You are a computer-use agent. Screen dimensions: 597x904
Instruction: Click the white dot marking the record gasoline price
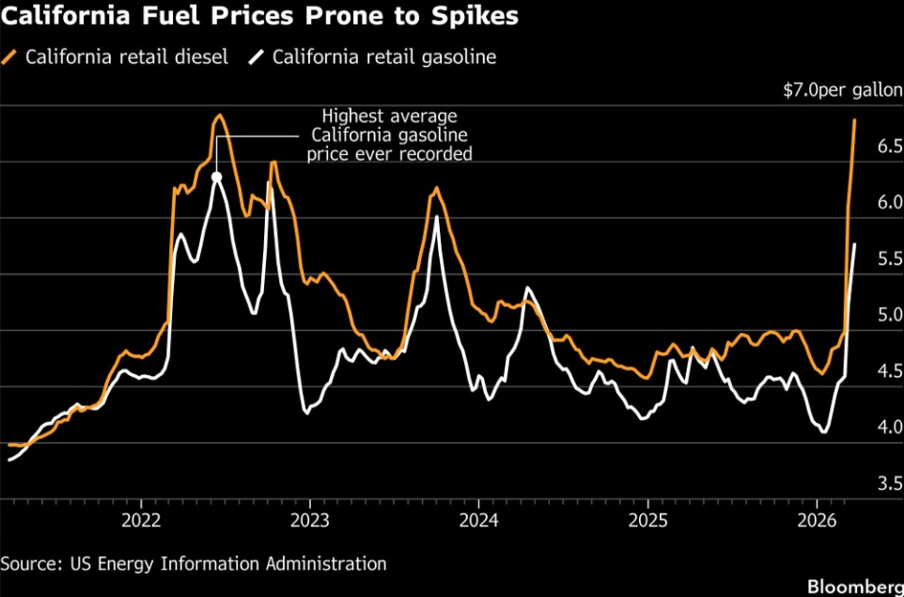coord(217,176)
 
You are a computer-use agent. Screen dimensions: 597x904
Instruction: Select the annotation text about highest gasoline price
coord(390,135)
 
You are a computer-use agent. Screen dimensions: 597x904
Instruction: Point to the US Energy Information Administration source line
coord(194,563)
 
